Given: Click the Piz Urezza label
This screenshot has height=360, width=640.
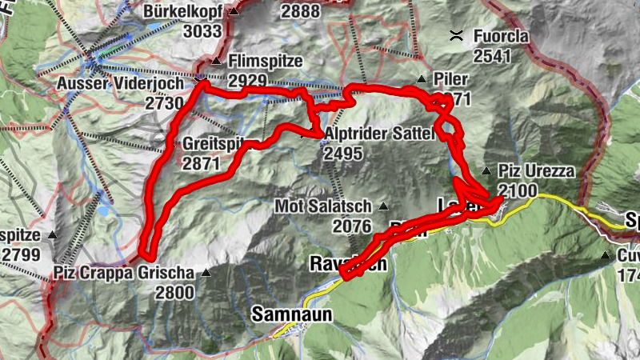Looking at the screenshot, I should tap(531, 170).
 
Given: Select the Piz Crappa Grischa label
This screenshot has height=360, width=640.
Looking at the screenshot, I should tap(124, 273).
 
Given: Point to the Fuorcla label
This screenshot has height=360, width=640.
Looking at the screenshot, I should tap(502, 36).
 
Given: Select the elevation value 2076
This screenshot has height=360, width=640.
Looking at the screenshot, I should tap(353, 226).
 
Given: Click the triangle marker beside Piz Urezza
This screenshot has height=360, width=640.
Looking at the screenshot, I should tap(486, 170).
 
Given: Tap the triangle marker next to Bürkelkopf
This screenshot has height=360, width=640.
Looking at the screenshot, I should tap(234, 12).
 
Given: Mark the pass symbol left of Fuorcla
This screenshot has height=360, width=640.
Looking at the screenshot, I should tap(457, 35).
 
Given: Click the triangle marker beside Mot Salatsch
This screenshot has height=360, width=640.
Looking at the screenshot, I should tap(383, 206).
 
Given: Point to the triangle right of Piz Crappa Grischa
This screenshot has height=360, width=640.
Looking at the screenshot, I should tap(206, 273).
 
